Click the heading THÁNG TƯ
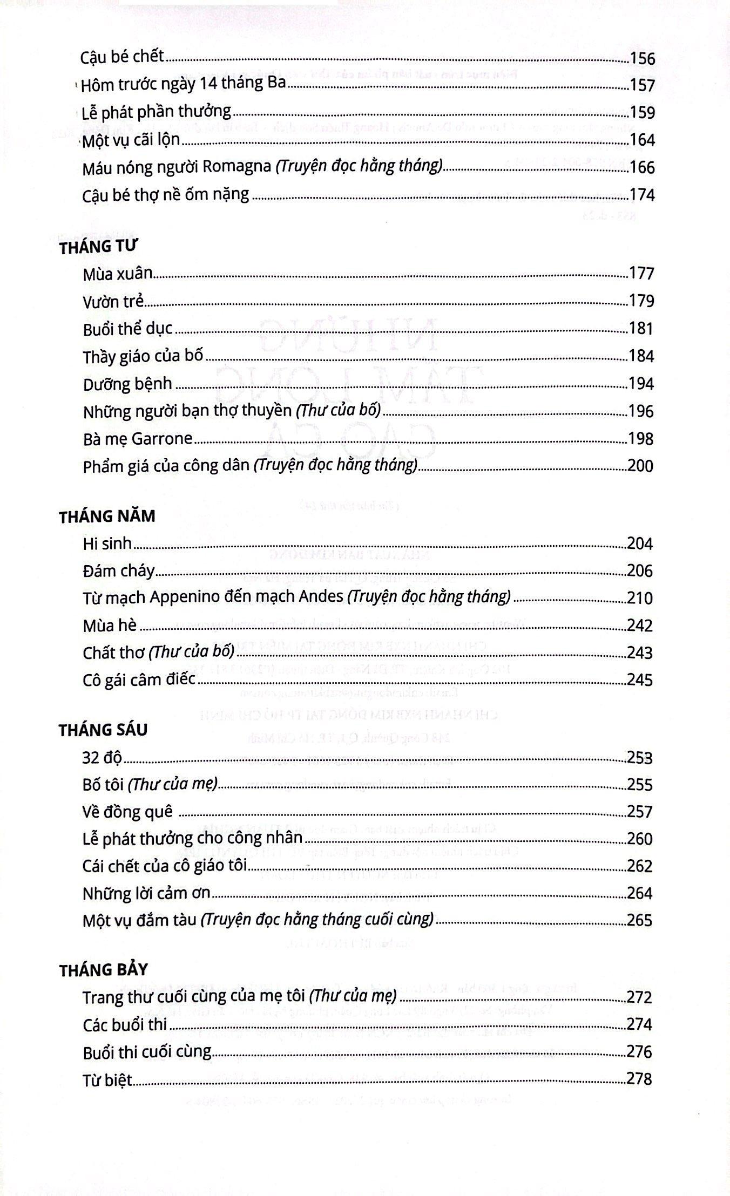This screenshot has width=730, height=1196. pyautogui.click(x=98, y=247)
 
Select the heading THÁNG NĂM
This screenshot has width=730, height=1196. pyautogui.click(x=107, y=517)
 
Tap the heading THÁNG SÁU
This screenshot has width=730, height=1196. pyautogui.click(x=103, y=730)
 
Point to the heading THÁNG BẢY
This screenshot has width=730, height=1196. pyautogui.click(x=103, y=970)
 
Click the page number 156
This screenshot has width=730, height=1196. pyautogui.click(x=642, y=58)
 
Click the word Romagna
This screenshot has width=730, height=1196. pyautogui.click(x=236, y=167)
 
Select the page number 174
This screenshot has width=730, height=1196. pyautogui.click(x=642, y=195)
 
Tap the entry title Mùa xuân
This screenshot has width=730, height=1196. pyautogui.click(x=118, y=274)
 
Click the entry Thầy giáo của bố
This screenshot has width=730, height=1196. pyautogui.click(x=143, y=356)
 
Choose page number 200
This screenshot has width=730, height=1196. pyautogui.click(x=640, y=466)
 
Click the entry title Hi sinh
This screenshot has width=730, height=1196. pyautogui.click(x=107, y=543)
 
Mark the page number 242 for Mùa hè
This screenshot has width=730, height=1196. pyautogui.click(x=640, y=626)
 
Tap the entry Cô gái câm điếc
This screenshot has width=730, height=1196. pyautogui.click(x=139, y=679)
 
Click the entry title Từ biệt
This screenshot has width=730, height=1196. pyautogui.click(x=107, y=1079)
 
